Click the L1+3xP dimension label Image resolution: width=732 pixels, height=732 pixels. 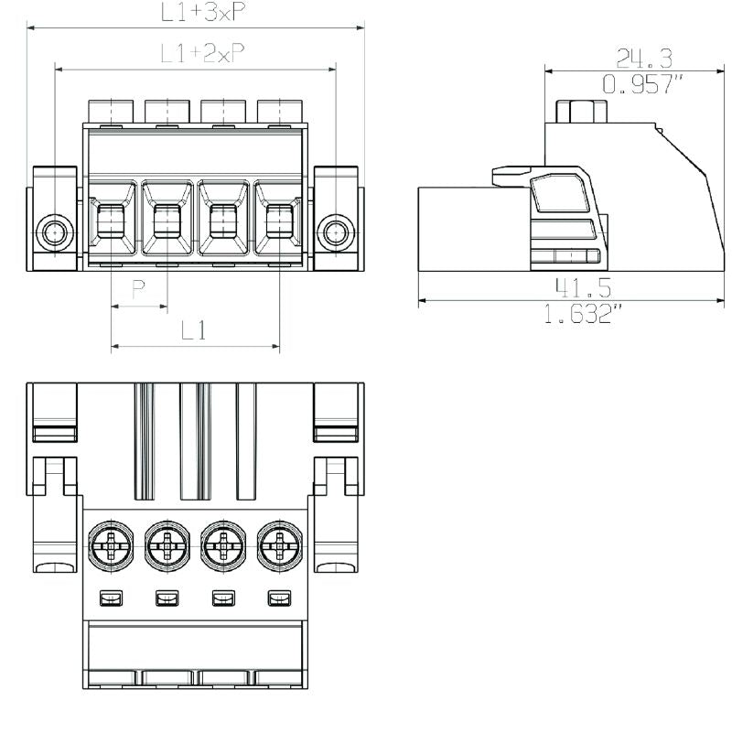point(203,12)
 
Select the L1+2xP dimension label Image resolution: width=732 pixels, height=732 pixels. point(202,53)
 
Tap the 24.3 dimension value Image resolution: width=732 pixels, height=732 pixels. point(644,59)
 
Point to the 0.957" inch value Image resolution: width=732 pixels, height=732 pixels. point(642,84)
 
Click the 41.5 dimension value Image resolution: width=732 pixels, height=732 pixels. point(583,287)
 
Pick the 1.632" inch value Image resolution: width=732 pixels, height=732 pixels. point(583,313)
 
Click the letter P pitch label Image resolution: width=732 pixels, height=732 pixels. point(139,289)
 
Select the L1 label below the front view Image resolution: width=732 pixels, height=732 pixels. point(193,330)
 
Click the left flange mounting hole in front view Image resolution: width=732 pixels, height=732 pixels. point(55,232)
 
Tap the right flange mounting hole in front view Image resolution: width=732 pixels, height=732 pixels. point(336,232)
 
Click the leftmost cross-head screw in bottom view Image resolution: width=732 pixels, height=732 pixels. point(111,545)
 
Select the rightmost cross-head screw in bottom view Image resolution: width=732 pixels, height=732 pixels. point(280,545)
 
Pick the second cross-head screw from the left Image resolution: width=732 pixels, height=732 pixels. point(167,545)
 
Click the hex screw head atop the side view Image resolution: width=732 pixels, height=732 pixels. point(581,111)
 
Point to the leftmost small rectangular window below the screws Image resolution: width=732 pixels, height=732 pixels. point(111,598)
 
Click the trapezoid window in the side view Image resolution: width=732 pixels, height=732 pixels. point(560,192)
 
